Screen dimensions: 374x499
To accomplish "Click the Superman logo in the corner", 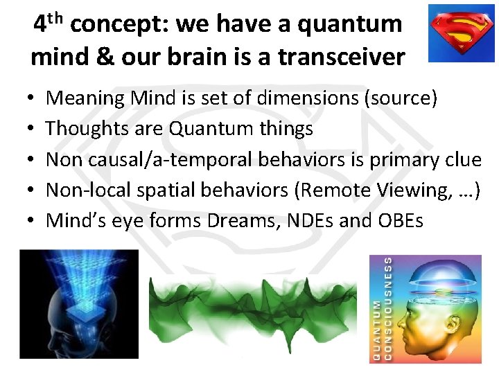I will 460,33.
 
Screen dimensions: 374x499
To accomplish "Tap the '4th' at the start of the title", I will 49,24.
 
